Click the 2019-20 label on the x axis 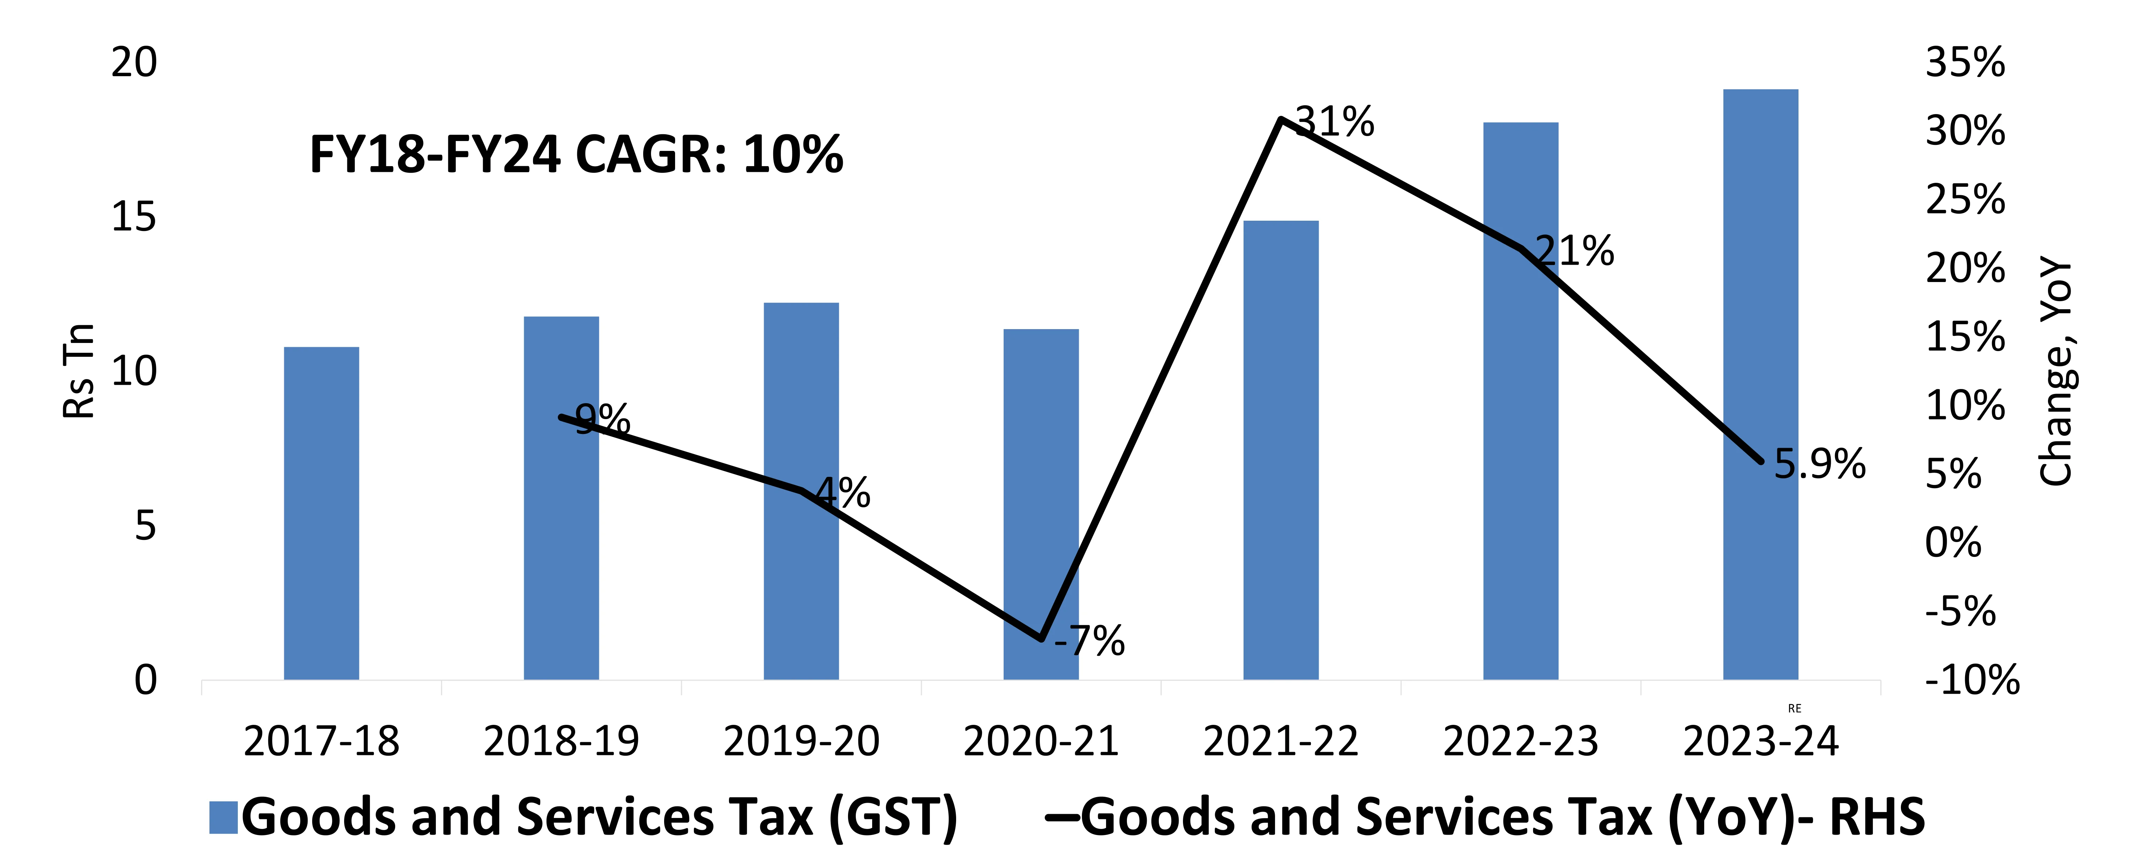tap(801, 741)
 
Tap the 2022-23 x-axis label tap(1521, 741)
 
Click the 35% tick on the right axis tap(1965, 63)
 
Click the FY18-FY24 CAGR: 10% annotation tap(576, 155)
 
